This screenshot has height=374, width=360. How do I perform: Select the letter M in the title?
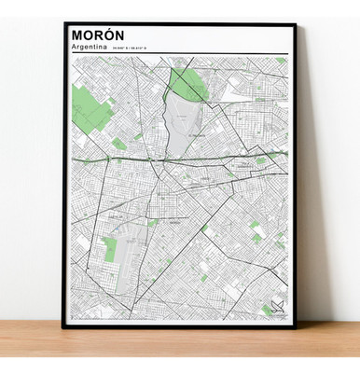click(x=76, y=34)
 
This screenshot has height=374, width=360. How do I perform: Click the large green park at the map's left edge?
click(x=90, y=107)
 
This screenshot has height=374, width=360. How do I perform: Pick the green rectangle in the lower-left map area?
click(x=110, y=247)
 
